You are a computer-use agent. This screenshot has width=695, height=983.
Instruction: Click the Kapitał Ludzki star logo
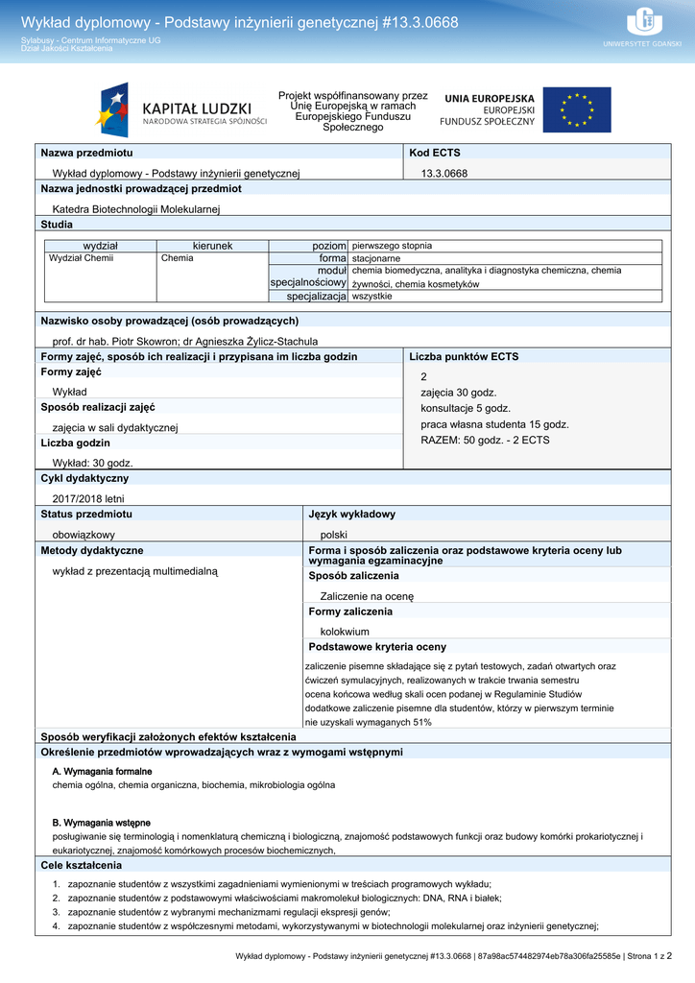point(112,109)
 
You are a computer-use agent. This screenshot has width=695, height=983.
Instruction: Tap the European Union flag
point(576,110)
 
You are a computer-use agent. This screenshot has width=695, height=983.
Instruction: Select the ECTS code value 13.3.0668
point(444,173)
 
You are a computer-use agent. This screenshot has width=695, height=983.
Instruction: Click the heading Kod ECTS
point(435,153)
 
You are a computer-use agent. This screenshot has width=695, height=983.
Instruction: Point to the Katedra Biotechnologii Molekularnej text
point(136,208)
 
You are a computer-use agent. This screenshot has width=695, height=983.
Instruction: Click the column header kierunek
point(212,246)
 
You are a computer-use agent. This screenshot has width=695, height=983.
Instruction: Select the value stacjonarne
point(376,258)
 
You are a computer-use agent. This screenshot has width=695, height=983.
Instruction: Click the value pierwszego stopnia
point(392,246)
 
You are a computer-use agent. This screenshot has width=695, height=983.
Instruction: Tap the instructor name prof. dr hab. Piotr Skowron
point(123,341)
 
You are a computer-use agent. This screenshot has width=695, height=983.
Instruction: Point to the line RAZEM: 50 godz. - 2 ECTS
point(485,440)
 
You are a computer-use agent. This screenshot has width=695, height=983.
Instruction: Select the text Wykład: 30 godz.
point(92,463)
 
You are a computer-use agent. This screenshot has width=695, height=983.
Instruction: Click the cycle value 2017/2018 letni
point(88,498)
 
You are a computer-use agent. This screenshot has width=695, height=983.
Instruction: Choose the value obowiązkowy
point(84,534)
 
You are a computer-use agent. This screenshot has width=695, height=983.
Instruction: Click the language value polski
point(334,534)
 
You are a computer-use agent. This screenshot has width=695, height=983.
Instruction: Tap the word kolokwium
point(345,632)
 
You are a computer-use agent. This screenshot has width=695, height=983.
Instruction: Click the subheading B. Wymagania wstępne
point(101,823)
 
